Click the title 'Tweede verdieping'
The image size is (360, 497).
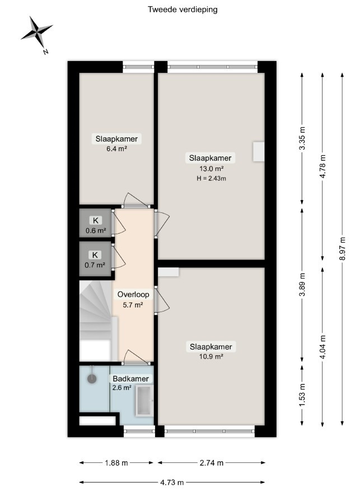click(x=183, y=10)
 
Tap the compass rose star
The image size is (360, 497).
click(x=37, y=31)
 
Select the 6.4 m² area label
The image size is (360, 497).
click(x=116, y=148)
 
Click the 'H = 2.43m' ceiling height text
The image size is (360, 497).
click(x=211, y=178)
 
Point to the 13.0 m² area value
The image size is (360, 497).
click(x=211, y=168)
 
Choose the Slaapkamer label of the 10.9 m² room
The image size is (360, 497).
click(x=211, y=347)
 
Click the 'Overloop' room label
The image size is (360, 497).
click(x=133, y=295)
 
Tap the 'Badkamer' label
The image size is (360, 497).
click(x=131, y=379)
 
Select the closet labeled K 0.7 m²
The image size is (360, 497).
click(x=95, y=259)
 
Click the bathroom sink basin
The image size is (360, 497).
click(x=144, y=401)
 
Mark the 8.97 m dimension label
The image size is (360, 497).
click(x=342, y=249)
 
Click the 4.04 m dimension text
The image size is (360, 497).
click(x=322, y=347)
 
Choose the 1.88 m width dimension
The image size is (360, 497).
click(x=116, y=463)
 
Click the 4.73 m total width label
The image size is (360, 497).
click(x=172, y=482)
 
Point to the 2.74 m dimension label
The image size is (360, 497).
click(x=212, y=463)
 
